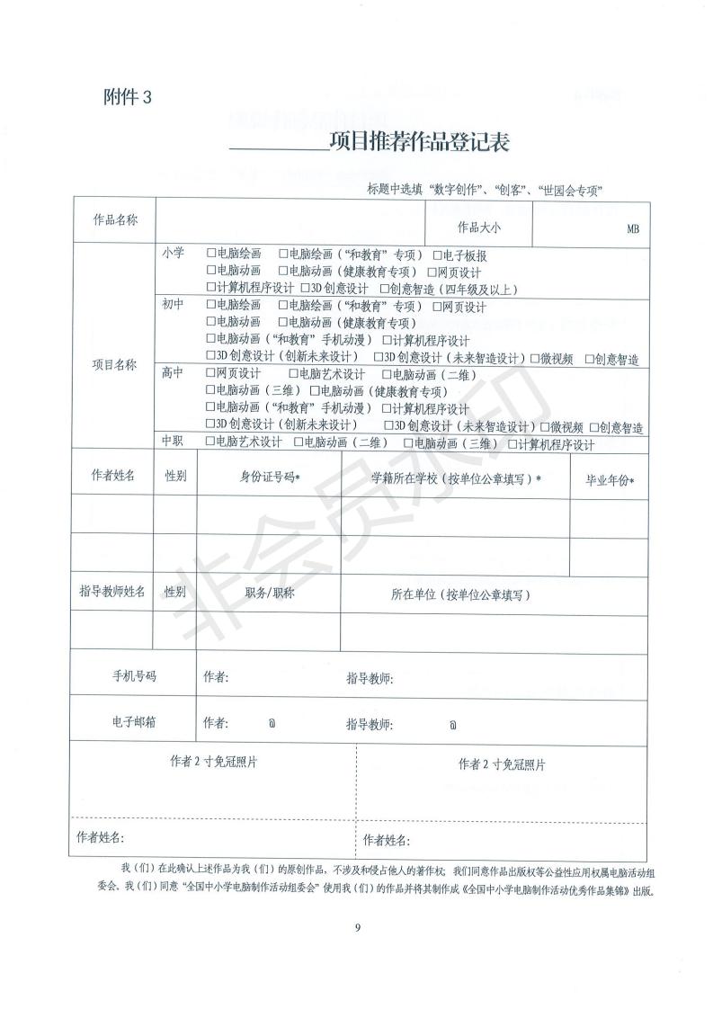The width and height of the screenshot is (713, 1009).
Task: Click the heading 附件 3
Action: click(x=129, y=98)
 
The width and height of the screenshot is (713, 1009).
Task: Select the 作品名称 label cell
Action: click(x=115, y=220)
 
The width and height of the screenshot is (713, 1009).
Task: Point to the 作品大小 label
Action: click(x=479, y=228)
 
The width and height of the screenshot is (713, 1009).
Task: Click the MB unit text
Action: click(x=632, y=229)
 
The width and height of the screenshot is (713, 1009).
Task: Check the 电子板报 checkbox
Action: click(x=437, y=255)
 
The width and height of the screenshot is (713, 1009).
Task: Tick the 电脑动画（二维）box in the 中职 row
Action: click(x=299, y=442)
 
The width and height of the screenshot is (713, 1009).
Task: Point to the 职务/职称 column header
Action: click(x=270, y=594)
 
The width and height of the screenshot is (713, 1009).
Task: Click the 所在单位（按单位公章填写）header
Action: click(x=460, y=594)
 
